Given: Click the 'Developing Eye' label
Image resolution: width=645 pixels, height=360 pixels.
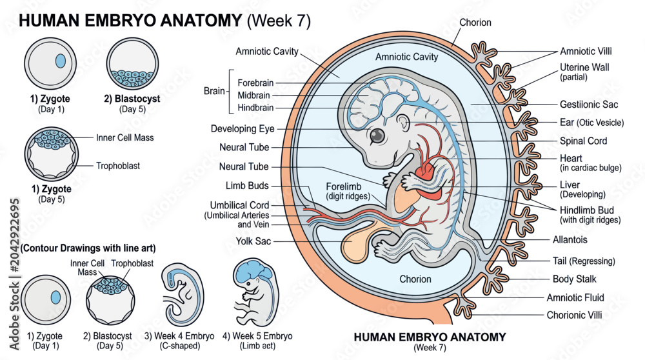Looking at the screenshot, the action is click(243, 129).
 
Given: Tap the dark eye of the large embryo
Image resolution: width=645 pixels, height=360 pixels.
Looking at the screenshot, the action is click(377, 135).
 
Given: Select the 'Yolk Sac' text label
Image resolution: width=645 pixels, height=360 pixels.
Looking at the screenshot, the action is click(253, 241).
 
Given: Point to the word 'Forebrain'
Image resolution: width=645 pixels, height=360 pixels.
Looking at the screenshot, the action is click(255, 83).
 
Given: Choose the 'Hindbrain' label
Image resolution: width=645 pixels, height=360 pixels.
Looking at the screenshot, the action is click(255, 108).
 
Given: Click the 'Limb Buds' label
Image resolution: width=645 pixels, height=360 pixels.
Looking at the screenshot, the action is click(247, 186).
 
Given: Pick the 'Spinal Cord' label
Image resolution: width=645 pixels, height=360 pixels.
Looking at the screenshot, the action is click(583, 141).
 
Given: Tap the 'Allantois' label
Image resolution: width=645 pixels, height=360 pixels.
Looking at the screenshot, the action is click(570, 239).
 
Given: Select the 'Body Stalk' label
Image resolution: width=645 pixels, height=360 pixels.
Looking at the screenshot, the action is click(574, 279).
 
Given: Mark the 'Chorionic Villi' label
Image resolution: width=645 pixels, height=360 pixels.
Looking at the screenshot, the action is click(574, 315).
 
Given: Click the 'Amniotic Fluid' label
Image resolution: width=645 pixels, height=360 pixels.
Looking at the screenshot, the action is click(575, 297).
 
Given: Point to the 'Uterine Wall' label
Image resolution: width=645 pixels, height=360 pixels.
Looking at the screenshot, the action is click(584, 72).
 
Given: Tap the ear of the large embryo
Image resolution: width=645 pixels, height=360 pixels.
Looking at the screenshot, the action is click(403, 122).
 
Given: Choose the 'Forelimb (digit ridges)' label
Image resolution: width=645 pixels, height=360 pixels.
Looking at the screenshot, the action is click(348, 192).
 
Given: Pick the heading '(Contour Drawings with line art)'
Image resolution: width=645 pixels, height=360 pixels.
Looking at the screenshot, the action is click(88, 248).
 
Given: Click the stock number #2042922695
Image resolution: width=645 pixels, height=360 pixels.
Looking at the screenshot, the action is click(15, 235).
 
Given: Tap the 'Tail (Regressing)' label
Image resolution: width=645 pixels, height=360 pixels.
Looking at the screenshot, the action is click(584, 261).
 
